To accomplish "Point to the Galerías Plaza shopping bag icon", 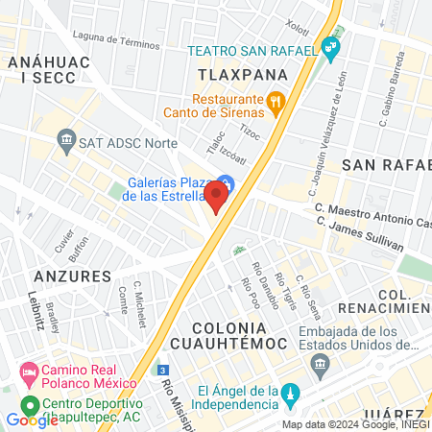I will click(x=224, y=182).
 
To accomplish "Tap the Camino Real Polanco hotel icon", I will click(x=29, y=372).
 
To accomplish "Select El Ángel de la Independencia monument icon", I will click(x=293, y=395).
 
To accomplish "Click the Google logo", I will click(x=31, y=420).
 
